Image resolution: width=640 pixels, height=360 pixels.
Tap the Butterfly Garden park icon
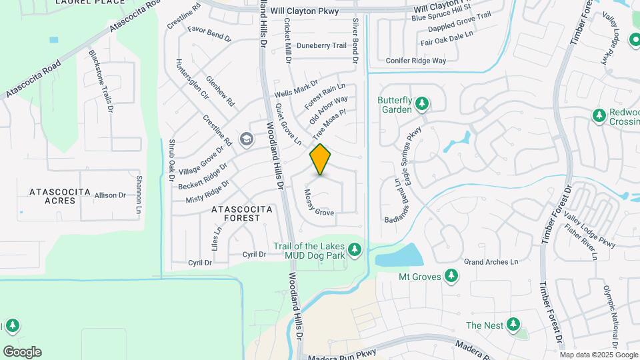point(421,104)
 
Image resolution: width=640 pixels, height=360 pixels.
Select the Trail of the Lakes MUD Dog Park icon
point(355,250)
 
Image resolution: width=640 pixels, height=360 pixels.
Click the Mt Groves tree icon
point(451,275)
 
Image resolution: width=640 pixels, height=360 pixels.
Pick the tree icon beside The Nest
point(513,325)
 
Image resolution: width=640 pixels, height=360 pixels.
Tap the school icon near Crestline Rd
point(247,139)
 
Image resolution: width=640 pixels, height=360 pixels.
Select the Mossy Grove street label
point(319,203)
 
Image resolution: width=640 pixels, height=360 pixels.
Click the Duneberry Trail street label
point(322,46)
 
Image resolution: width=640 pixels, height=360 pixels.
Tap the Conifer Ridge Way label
point(416,61)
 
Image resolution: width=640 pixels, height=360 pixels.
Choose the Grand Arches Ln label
point(491,262)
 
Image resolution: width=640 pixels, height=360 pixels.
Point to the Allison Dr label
point(110,195)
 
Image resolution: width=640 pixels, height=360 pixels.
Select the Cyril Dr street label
point(254,254)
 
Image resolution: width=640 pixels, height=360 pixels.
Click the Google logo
point(22,352)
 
